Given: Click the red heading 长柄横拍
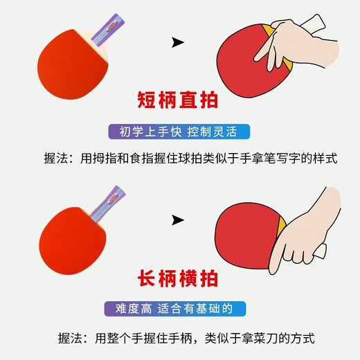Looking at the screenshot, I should coord(181,282).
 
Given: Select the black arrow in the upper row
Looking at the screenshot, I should coord(178,44).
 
